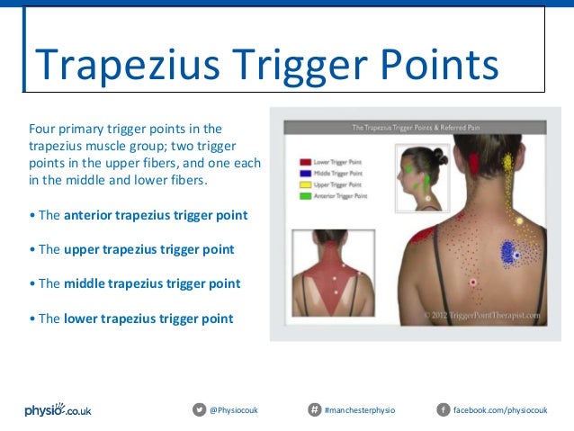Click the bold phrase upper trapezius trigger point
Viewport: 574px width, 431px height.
point(148,249)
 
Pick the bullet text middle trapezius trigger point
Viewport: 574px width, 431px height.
point(152,283)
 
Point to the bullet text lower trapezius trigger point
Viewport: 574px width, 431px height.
point(148,318)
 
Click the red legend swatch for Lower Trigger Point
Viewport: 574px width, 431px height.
point(306,163)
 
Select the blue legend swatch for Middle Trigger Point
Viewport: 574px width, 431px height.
point(306,174)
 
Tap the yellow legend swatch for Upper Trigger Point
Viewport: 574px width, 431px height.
point(306,184)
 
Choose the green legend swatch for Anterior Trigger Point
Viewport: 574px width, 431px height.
point(306,195)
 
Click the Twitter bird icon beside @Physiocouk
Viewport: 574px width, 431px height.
point(199,410)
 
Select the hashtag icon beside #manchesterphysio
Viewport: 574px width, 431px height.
point(314,410)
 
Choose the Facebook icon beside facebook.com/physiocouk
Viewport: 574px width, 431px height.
point(443,410)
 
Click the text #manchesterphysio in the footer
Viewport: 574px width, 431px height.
point(360,410)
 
